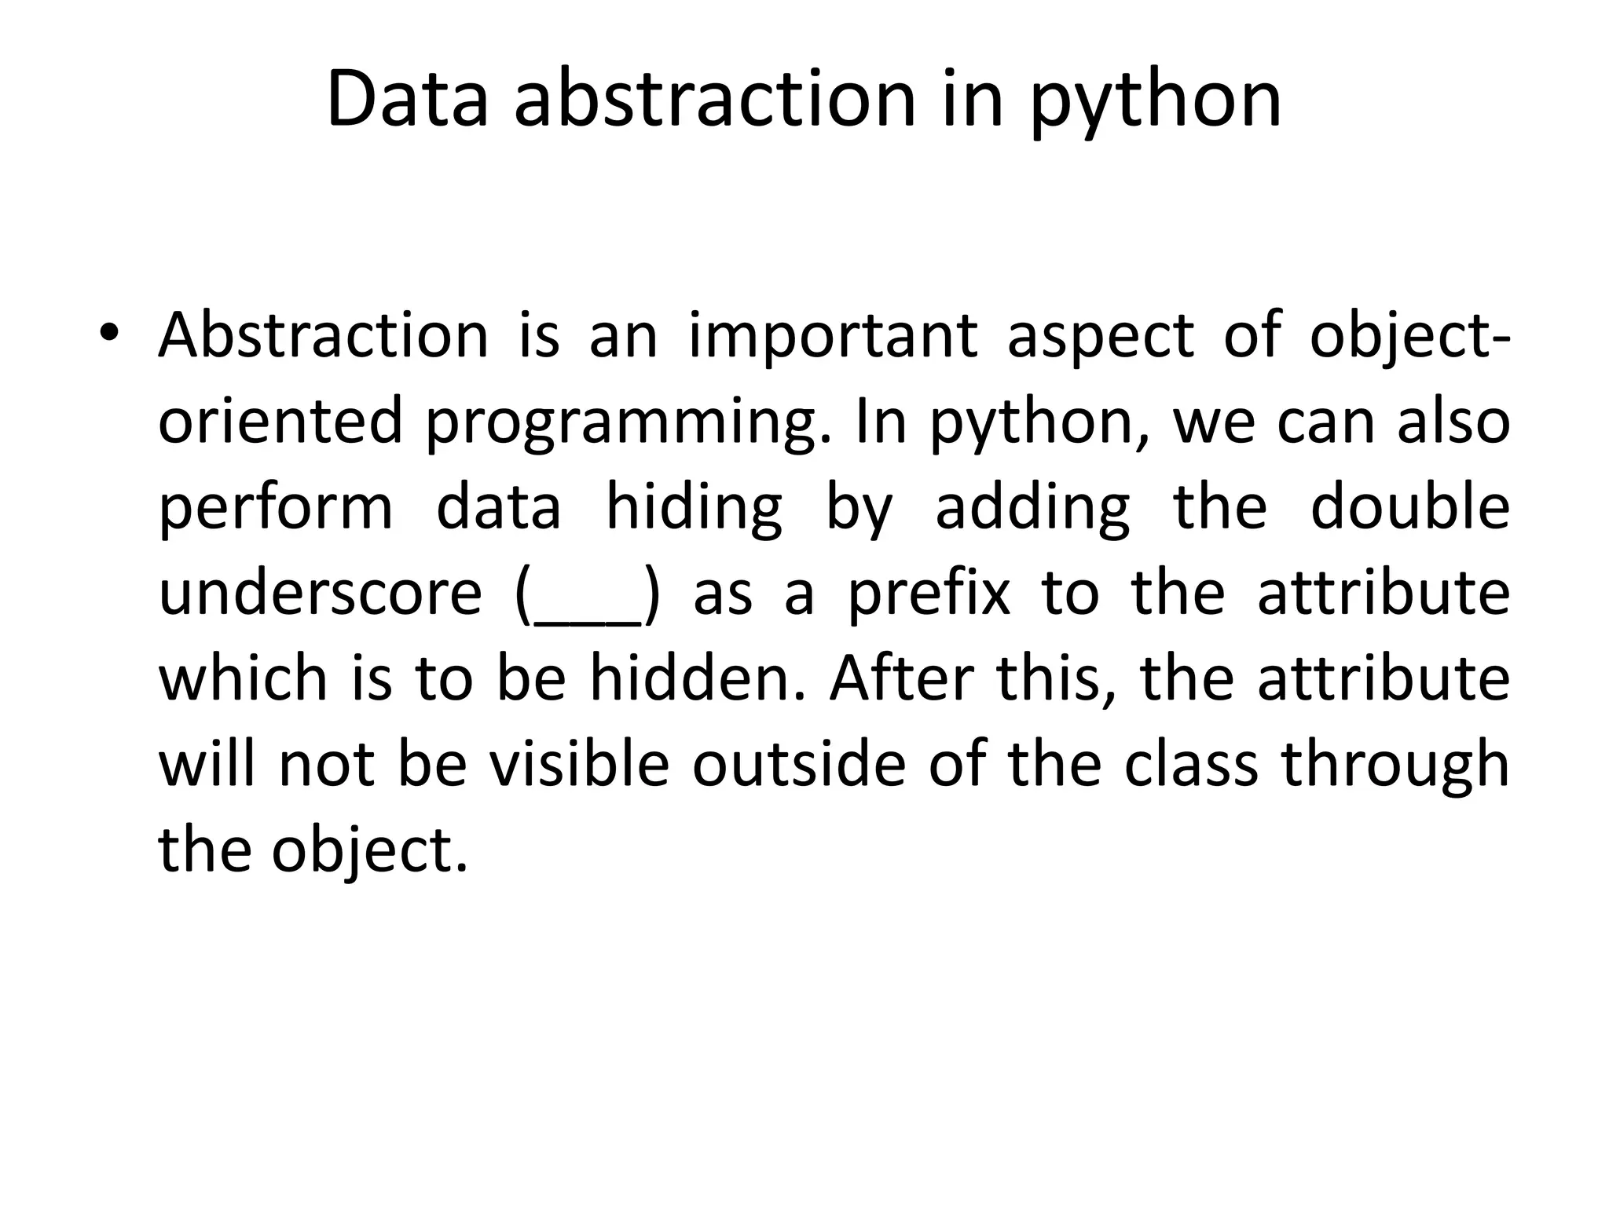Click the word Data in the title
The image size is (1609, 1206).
407,100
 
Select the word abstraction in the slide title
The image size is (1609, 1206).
715,100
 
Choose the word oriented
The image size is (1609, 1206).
280,421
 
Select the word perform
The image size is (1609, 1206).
276,507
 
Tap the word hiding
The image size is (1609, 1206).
695,507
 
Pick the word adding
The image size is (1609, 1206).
1032,507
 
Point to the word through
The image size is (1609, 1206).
1395,765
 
